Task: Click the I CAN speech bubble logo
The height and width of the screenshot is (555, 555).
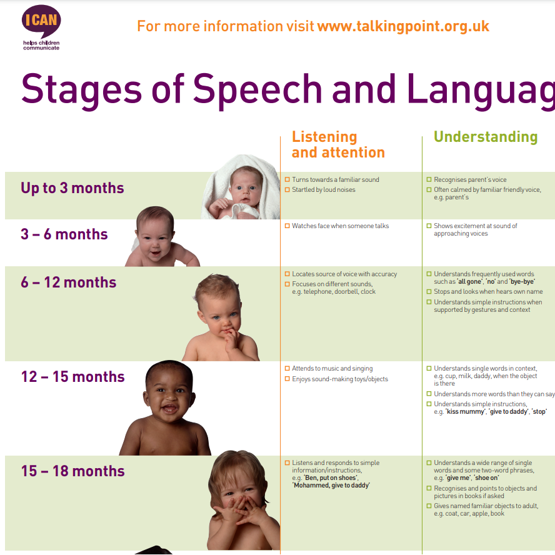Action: point(41,21)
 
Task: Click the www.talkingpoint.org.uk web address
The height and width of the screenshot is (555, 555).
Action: point(403,26)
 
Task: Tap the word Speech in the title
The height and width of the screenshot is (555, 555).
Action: point(257,90)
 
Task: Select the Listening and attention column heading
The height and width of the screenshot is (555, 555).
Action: point(338,144)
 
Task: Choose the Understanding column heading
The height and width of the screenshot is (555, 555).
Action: point(486,137)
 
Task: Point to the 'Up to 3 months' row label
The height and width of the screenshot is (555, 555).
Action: point(72,188)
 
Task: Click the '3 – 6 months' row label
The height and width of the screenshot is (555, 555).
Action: point(64,234)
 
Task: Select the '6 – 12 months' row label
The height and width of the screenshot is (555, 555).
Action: point(68,282)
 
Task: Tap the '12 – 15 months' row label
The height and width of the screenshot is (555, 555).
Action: point(73,377)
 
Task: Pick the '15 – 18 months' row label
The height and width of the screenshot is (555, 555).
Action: point(73,471)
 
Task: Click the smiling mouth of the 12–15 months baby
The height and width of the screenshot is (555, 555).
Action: point(170,409)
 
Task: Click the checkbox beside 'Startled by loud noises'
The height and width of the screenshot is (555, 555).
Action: point(287,190)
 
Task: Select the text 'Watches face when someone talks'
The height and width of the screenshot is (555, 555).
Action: point(340,226)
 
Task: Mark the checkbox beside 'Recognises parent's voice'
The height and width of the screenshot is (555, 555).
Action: point(429,179)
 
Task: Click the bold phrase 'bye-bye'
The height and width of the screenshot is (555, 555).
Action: point(522,282)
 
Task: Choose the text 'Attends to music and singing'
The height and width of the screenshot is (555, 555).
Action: point(332,369)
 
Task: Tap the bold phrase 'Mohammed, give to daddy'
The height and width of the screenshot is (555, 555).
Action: point(331,485)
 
